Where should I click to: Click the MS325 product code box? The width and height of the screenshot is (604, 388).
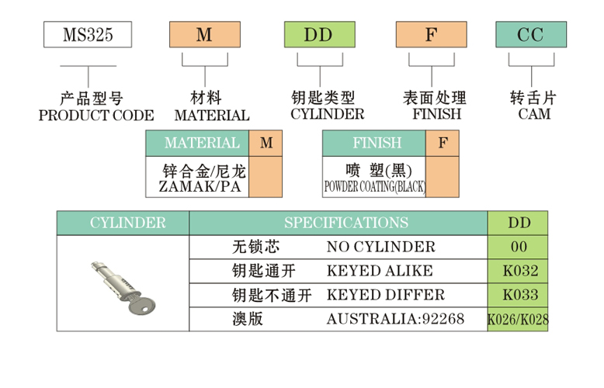[x=86, y=35]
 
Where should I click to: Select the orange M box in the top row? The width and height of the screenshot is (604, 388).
[x=204, y=35]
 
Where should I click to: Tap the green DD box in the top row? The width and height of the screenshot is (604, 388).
[x=318, y=35]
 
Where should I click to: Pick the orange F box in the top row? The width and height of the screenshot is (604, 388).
[x=431, y=35]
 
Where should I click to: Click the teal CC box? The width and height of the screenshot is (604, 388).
[x=532, y=35]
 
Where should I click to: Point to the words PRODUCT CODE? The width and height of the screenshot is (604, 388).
[x=96, y=116]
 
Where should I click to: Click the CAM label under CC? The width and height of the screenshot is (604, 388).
[x=533, y=115]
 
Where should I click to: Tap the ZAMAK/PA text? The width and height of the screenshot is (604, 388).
[x=199, y=187]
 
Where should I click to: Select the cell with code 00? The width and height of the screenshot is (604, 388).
[x=519, y=247]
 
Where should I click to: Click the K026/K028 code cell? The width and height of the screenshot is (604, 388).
[x=518, y=319]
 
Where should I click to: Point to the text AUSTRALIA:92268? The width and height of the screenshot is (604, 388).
[x=395, y=319]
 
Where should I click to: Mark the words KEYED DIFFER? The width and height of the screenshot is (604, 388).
[x=386, y=295]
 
